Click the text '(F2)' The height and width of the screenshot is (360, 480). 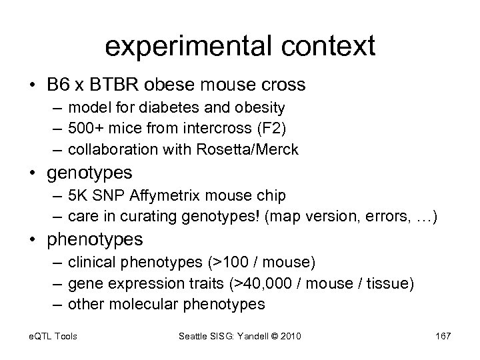[x=253, y=128]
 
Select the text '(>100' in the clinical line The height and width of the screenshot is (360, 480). [x=221, y=261]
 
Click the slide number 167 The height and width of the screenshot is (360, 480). [x=443, y=336]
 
